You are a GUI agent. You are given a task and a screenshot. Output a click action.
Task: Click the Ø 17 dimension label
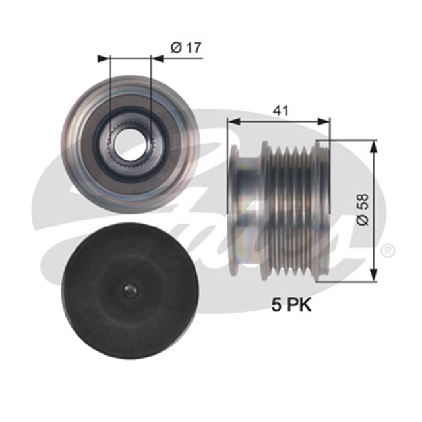(x=185, y=47)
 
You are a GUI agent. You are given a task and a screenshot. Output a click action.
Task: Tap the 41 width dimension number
(x=281, y=110)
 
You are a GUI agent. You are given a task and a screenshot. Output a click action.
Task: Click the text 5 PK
(x=291, y=305)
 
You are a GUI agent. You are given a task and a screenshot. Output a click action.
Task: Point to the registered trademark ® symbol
(x=389, y=251)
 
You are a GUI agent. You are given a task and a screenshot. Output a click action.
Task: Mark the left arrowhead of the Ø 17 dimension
(x=102, y=59)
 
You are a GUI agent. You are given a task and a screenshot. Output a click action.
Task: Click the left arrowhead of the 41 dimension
(x=232, y=121)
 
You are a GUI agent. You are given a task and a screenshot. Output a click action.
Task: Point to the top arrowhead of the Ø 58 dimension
(x=375, y=144)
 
